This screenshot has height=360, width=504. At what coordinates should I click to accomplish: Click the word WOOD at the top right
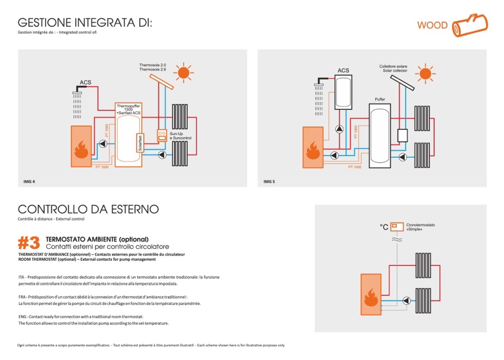pyautogui.click(x=433, y=26)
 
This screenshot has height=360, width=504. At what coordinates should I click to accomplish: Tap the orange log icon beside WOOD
pyautogui.click(x=469, y=25)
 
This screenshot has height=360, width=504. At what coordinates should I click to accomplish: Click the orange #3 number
pyautogui.click(x=29, y=243)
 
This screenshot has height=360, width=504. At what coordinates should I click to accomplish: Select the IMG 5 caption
pyautogui.click(x=269, y=182)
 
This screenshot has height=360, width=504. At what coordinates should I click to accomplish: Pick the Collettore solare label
pyautogui.click(x=394, y=67)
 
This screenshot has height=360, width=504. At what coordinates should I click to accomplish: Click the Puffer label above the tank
pyautogui.click(x=380, y=99)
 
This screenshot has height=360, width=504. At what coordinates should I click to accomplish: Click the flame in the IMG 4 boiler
pyautogui.click(x=81, y=149)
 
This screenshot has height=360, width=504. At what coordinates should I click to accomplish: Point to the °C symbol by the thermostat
pyautogui.click(x=384, y=227)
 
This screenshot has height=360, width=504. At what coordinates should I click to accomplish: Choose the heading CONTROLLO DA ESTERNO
pyautogui.click(x=88, y=210)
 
